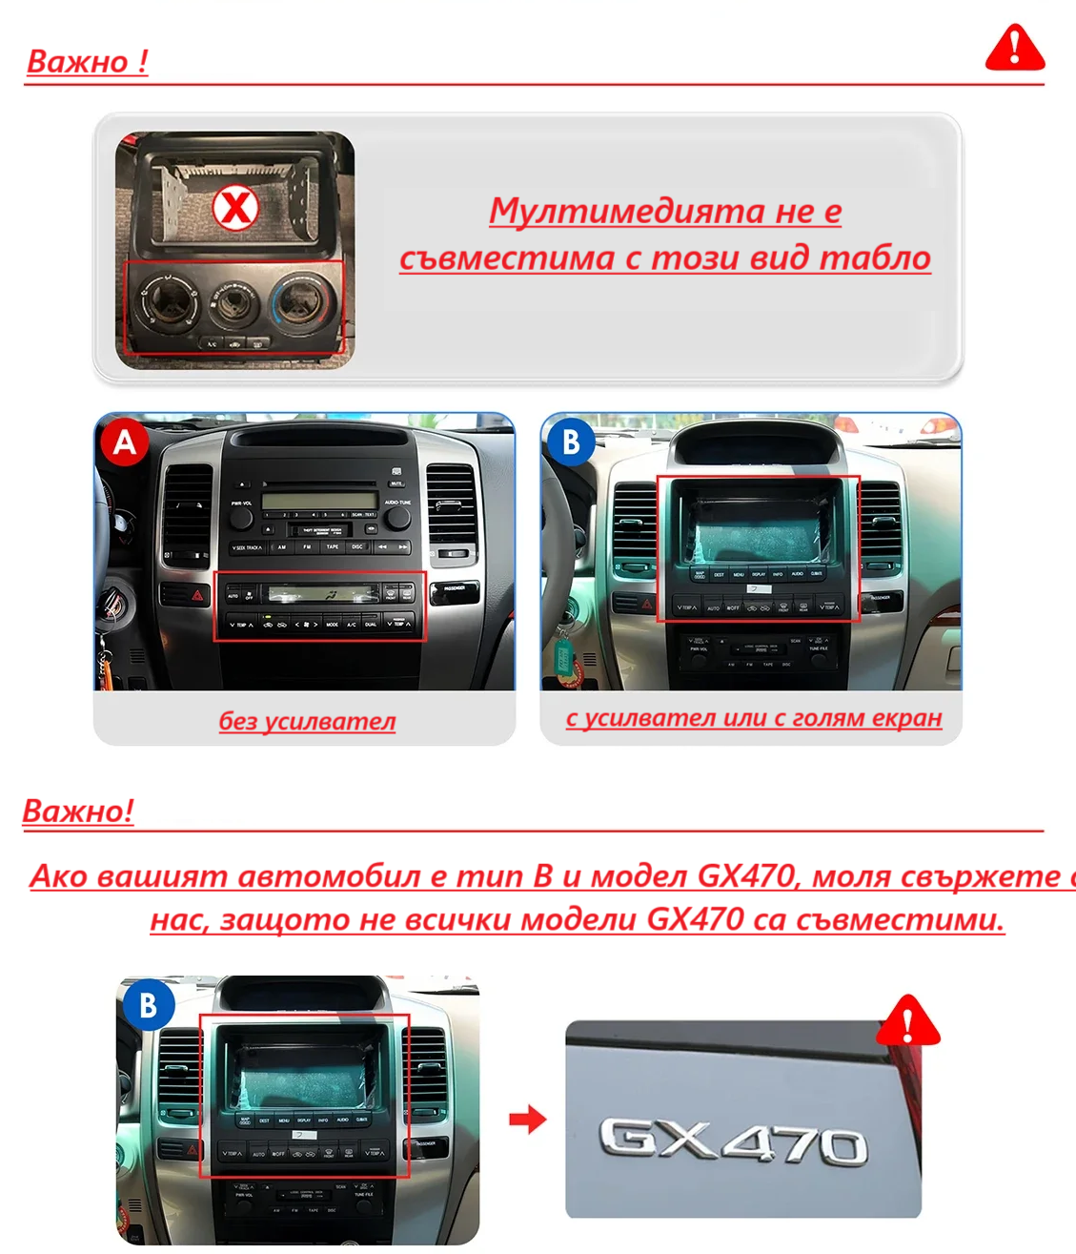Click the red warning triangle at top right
pos(1015,49)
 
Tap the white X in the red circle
pos(235,207)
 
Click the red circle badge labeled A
pos(124,442)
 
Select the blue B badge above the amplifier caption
pos(571,442)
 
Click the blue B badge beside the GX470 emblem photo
pos(148,1005)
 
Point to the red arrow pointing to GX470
pos(527,1119)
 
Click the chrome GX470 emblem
pos(733,1141)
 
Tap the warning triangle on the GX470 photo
pos(907,1021)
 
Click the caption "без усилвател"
pos(307,721)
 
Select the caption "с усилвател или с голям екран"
pos(753,718)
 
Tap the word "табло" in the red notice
pos(875,257)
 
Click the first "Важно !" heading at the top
pos(87,62)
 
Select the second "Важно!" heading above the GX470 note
pos(78,812)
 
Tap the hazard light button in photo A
pos(197,595)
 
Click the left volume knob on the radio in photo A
pos(240,518)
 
